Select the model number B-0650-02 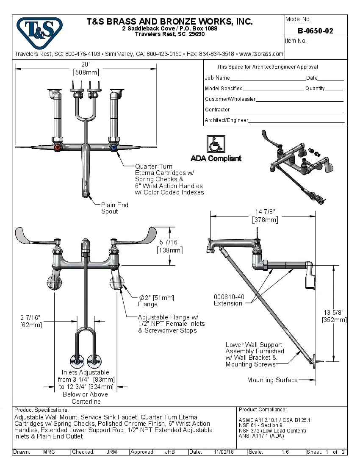pos(315,31)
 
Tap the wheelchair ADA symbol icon pos(216,144)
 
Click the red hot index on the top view pos(57,147)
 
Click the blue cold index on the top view pos(114,147)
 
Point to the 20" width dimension pos(86,68)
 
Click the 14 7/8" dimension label pos(265,216)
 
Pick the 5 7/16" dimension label pos(169,246)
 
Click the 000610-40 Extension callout pos(229,300)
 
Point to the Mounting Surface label pos(272,380)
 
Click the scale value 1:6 pos(285,452)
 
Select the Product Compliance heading pos(263,410)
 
